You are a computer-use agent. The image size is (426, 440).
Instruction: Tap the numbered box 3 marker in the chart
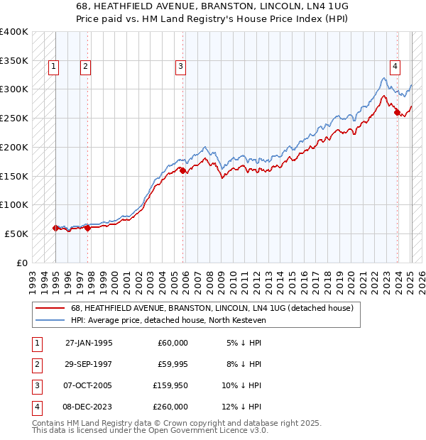tap(181, 67)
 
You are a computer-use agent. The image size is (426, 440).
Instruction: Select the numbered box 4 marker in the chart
tap(395, 67)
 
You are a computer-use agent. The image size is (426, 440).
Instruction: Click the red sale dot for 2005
tap(182, 170)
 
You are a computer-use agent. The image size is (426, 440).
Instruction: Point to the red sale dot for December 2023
tap(398, 112)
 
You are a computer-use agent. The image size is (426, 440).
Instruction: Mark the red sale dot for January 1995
tap(55, 228)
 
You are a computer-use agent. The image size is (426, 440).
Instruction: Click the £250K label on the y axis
tap(14, 119)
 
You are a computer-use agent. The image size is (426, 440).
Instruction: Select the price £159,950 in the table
tap(169, 386)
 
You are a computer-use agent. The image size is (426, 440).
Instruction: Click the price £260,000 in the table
tap(169, 407)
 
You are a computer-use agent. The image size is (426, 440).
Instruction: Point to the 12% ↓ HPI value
tap(244, 407)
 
